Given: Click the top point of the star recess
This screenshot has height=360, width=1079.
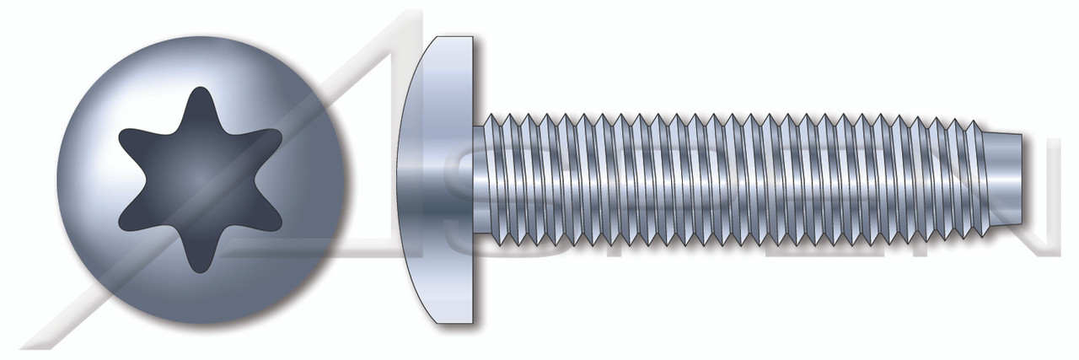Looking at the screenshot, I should [201, 91].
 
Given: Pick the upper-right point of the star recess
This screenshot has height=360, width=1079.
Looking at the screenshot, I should [276, 135].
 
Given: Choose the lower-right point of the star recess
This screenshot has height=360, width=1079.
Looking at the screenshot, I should [276, 226].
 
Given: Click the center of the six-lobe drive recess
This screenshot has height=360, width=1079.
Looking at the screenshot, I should [201, 180].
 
